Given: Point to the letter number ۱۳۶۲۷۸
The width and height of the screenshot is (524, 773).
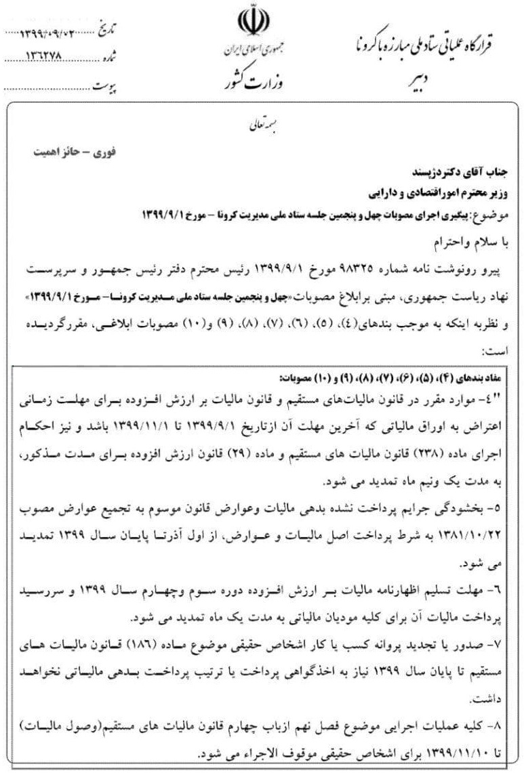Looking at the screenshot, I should (x=49, y=59).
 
